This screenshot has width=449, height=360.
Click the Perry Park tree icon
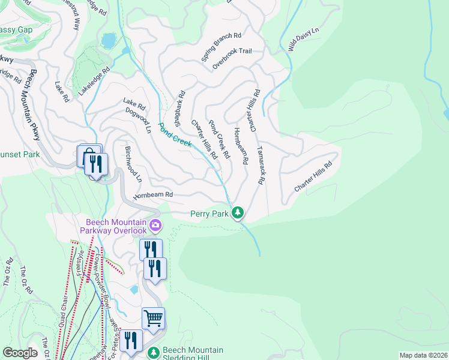[238, 212]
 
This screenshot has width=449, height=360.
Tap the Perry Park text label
[209, 213]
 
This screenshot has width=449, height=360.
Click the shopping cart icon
[153, 319]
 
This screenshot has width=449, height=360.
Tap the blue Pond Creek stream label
[175, 134]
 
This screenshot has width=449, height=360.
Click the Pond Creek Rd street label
[219, 139]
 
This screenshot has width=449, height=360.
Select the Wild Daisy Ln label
[304, 38]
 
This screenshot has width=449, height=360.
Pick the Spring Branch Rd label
[221, 47]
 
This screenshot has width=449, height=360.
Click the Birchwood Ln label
[133, 163]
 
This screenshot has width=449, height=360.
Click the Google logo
[20, 353]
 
